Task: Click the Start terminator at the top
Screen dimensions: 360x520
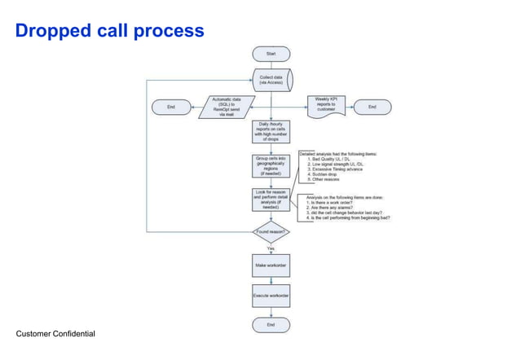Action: click(x=271, y=54)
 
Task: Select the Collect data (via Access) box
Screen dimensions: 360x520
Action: click(x=271, y=80)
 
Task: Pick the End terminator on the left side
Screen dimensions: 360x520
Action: click(x=170, y=107)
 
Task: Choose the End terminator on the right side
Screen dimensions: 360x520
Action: click(x=372, y=107)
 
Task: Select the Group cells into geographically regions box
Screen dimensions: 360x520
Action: click(x=271, y=165)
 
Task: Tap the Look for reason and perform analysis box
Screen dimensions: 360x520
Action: click(x=271, y=200)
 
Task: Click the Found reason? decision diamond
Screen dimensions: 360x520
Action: click(x=271, y=232)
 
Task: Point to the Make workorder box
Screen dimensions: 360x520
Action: click(x=271, y=266)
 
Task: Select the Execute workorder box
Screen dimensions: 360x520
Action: click(x=271, y=294)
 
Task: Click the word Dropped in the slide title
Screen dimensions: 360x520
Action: click(x=50, y=31)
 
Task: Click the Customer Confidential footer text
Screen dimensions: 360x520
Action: click(x=55, y=334)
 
